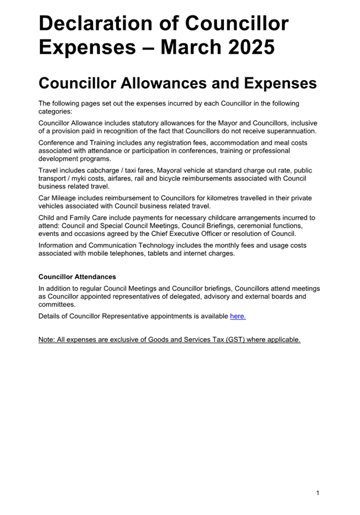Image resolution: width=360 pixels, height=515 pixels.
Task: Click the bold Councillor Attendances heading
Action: click(77, 277)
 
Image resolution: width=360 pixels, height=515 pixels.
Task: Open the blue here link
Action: click(238, 316)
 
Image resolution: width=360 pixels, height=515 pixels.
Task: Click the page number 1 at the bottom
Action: click(318, 493)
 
